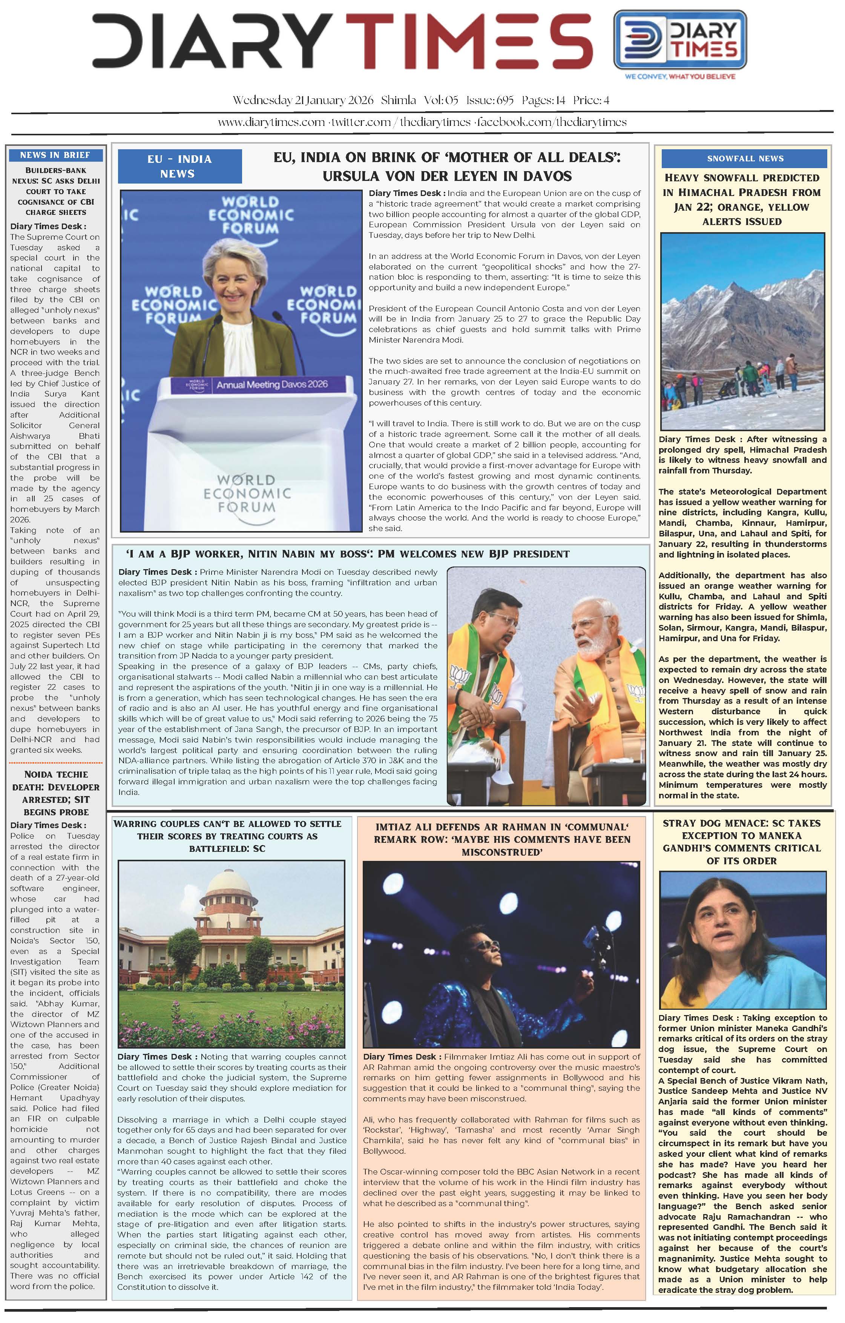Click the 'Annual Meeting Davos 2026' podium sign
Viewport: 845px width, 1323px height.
[x=271, y=384]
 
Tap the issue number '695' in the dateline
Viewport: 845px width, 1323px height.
[x=505, y=101]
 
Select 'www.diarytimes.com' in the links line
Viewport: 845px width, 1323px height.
[x=271, y=122]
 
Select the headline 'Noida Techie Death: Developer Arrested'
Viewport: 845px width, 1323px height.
[x=55, y=793]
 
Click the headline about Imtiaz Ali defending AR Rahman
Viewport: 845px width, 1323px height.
[x=501, y=839]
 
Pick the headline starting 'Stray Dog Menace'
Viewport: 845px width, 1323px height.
[x=742, y=841]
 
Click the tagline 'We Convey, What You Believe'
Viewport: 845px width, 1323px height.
[x=679, y=77]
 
